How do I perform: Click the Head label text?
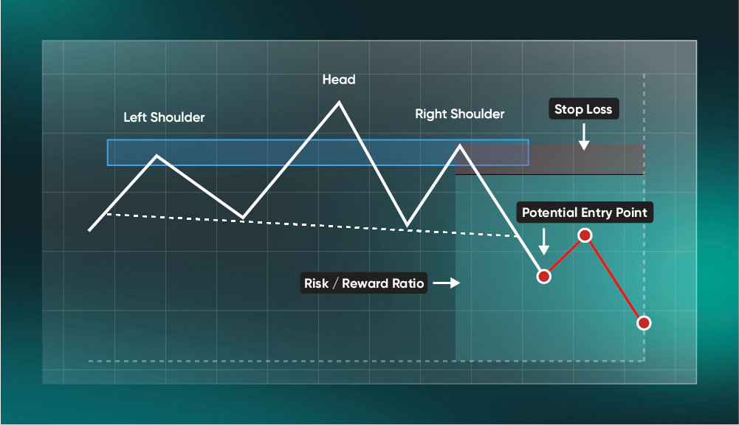tap(339, 79)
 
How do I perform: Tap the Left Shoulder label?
tap(164, 117)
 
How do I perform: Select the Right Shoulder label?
tap(460, 114)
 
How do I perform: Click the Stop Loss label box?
tap(583, 109)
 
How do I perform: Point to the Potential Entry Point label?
tap(584, 212)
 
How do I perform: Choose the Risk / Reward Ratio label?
tap(364, 283)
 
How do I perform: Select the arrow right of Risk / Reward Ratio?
tap(446, 283)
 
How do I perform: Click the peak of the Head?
tap(339, 102)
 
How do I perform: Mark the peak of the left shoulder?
tap(157, 156)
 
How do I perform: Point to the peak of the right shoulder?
tap(460, 145)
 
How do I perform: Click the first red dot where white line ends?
tap(544, 277)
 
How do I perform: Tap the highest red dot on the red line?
tap(585, 235)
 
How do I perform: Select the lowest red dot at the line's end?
tap(644, 323)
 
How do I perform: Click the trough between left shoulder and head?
tap(242, 218)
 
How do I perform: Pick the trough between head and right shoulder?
tap(406, 225)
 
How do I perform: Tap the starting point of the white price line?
tap(89, 230)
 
